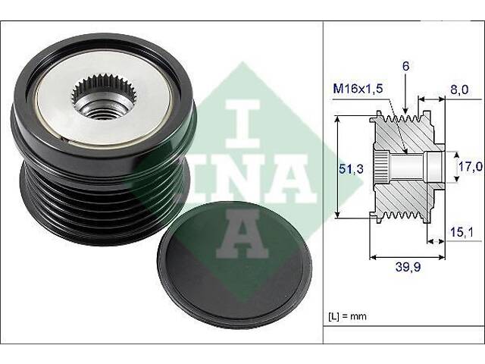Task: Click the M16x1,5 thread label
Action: point(358,89)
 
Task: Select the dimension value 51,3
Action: point(351,169)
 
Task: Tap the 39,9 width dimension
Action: point(408,267)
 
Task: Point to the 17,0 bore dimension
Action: point(470,167)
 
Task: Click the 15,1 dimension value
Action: point(462,232)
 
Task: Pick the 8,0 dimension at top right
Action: point(459,89)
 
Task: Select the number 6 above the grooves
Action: point(406,66)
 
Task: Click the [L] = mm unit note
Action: point(347,316)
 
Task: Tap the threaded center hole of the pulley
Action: point(102,111)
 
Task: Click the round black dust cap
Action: point(235,265)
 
